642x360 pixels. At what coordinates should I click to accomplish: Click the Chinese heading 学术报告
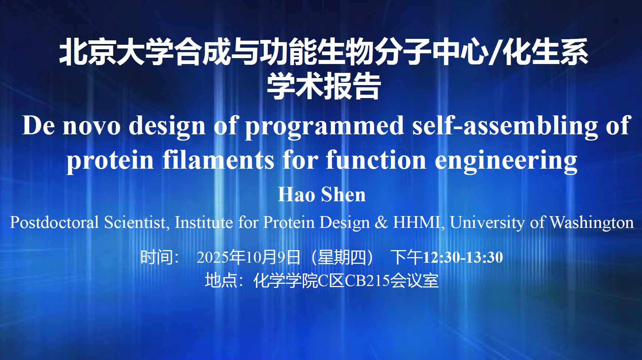tap(324, 86)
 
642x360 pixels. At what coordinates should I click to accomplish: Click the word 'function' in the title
tap(376, 160)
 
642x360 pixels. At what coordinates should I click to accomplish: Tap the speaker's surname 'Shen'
tap(344, 195)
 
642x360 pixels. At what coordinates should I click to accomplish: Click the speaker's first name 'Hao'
tap(297, 195)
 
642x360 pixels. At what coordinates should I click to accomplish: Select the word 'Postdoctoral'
tap(54, 222)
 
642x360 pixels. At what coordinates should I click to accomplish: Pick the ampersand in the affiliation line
tap(381, 222)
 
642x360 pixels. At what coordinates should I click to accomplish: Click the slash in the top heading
tap(495, 52)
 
